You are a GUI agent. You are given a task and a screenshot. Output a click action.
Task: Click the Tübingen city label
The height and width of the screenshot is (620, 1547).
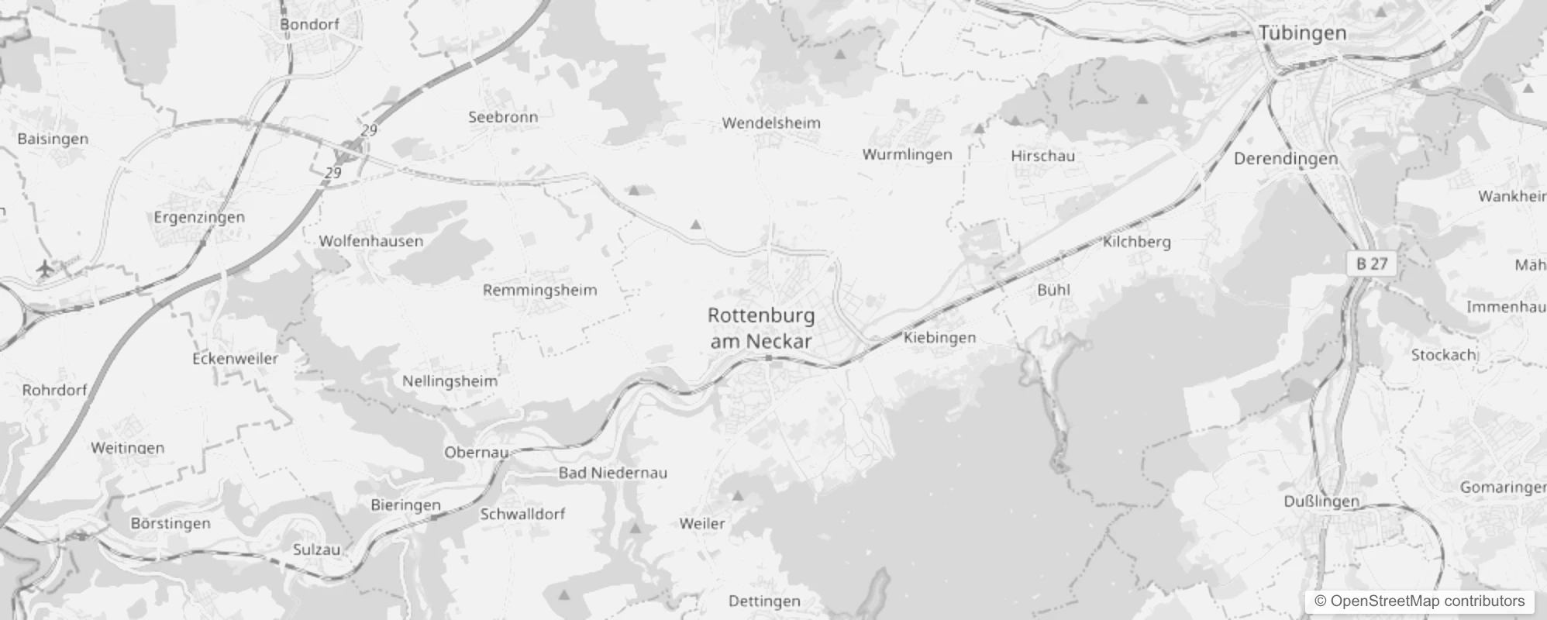(x=1302, y=33)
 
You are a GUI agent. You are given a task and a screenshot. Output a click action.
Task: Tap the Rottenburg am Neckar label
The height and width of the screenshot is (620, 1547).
(x=761, y=328)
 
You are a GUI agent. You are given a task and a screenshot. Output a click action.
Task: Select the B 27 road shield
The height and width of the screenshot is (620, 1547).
(x=1372, y=263)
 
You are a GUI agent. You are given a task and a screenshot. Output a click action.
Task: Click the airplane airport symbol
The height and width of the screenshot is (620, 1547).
(x=46, y=269)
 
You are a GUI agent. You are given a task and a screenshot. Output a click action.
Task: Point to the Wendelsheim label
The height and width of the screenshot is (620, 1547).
(x=770, y=122)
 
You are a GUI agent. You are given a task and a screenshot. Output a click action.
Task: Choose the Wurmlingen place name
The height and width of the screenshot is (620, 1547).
(x=907, y=154)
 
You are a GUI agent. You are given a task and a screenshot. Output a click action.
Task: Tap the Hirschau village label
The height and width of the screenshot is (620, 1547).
(x=1042, y=156)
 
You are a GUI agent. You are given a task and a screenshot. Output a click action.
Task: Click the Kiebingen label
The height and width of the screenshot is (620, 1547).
(x=939, y=337)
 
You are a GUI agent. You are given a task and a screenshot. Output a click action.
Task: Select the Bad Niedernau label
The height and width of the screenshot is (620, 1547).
(x=612, y=473)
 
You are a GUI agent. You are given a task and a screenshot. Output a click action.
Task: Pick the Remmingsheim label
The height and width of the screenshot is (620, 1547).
(x=539, y=291)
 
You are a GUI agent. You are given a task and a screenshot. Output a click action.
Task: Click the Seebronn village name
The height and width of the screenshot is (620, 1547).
(x=502, y=117)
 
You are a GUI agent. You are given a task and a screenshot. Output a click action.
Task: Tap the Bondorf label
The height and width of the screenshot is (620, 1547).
(x=309, y=24)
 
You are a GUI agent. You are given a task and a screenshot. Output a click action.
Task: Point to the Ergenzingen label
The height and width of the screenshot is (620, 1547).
(x=199, y=217)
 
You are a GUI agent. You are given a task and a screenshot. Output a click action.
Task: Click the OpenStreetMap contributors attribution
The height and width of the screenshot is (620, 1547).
(x=1418, y=601)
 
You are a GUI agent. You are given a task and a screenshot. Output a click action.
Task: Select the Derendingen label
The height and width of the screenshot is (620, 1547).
(x=1285, y=159)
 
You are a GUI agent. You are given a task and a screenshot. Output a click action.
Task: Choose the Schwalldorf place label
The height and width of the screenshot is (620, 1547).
(x=522, y=514)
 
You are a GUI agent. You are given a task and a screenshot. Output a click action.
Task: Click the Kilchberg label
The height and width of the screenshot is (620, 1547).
(x=1136, y=242)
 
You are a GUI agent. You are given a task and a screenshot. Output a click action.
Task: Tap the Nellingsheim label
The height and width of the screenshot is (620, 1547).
(x=450, y=381)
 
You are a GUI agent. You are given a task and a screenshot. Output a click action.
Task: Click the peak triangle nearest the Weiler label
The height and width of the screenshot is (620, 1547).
(x=738, y=495)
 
